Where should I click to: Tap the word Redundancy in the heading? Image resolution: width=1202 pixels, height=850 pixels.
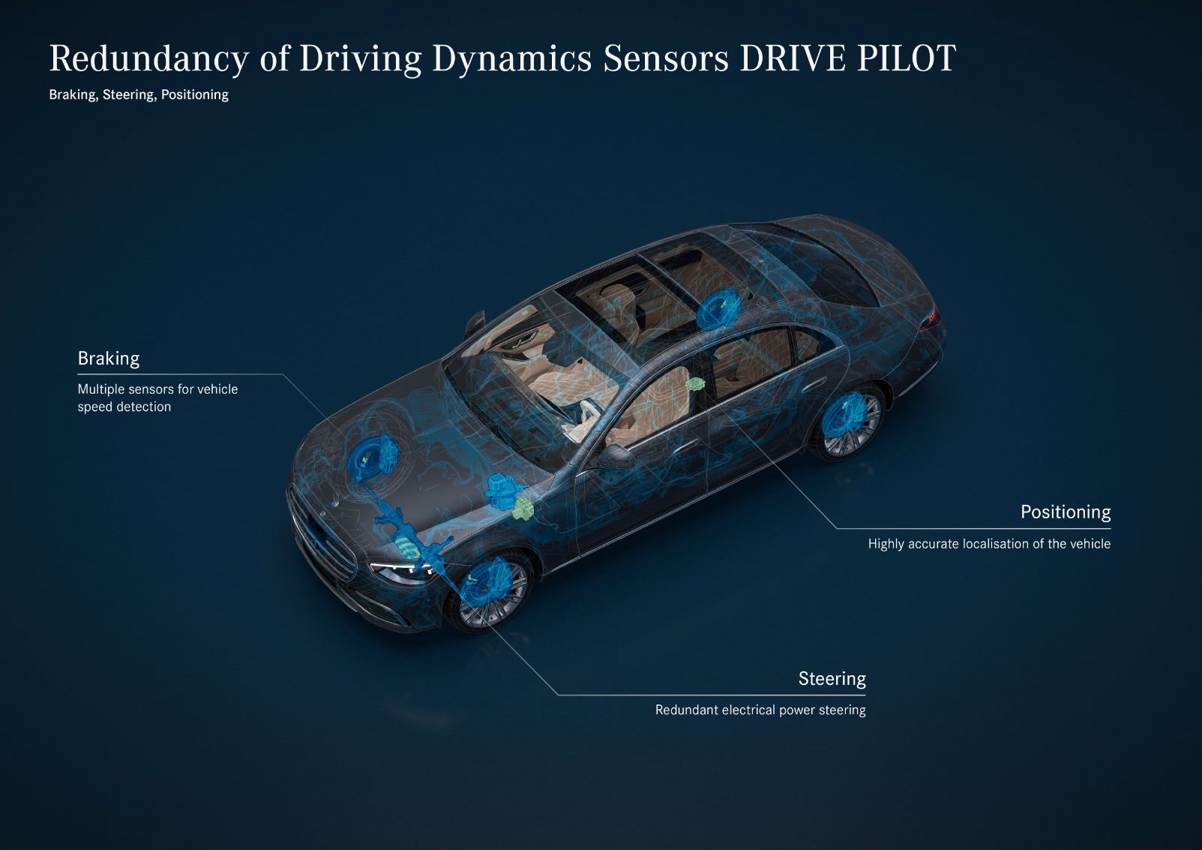click(149, 59)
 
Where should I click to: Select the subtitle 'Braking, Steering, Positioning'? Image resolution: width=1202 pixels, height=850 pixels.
click(139, 95)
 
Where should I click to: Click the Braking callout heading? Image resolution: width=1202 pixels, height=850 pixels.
click(109, 358)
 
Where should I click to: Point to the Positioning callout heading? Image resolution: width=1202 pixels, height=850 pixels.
click(1066, 512)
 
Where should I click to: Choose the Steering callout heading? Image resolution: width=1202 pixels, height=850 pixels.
click(832, 679)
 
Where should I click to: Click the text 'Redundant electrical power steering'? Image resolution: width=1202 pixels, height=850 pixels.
click(760, 710)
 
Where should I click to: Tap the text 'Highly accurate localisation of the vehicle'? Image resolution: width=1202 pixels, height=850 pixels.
click(989, 544)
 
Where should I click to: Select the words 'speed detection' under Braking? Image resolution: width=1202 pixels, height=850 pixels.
click(124, 407)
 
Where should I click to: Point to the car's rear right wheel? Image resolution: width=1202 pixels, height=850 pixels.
click(849, 422)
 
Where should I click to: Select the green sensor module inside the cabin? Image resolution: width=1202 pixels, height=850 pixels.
click(695, 383)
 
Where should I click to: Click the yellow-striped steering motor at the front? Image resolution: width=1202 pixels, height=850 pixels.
click(409, 547)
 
